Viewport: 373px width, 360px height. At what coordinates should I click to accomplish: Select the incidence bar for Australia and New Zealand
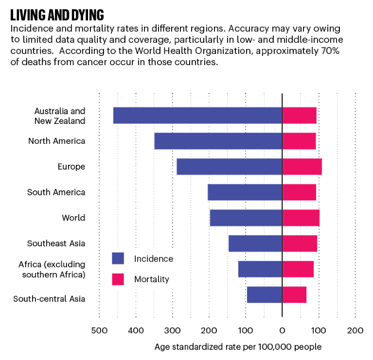pos(197,116)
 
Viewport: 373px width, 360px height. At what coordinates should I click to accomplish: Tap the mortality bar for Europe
pos(302,167)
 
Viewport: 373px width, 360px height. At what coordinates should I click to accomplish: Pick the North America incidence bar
pos(218,141)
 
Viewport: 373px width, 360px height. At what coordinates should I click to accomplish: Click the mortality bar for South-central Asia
pos(294,295)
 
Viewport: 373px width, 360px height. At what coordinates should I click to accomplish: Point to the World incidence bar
pos(246,218)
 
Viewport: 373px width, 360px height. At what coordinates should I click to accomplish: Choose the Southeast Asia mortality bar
pos(299,243)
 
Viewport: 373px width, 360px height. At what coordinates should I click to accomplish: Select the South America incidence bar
pos(245,192)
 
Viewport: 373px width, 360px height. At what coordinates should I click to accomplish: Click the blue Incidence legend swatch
pos(118,258)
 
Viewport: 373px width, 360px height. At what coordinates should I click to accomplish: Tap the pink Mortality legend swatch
pos(118,279)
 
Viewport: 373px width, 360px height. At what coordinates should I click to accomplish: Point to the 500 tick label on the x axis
pos(99,330)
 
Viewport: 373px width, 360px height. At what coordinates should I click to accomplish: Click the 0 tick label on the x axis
pos(282,330)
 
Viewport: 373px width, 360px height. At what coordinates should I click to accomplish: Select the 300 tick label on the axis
pos(172,330)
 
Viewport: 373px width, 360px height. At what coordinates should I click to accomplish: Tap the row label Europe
pos(71,167)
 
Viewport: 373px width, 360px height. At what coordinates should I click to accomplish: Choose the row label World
pos(73,218)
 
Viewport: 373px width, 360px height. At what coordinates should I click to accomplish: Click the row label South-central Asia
pos(49,299)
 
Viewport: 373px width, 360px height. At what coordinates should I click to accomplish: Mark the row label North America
pos(56,141)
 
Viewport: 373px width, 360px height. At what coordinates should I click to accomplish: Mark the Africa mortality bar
pos(298,269)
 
